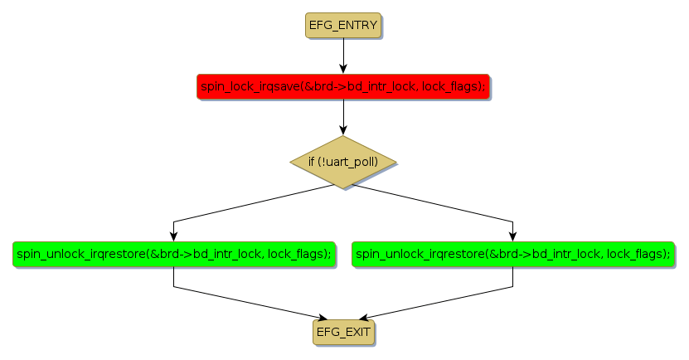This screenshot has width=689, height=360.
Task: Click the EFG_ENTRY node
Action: [x=343, y=26]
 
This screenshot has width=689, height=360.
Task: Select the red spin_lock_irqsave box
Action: [x=343, y=86]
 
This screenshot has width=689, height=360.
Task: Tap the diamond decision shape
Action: [x=343, y=161]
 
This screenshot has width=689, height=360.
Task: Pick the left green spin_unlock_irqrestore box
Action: [x=173, y=254]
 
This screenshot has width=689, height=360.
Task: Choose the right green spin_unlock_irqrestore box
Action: [x=512, y=254]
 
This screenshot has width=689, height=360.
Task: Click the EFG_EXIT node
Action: [x=343, y=332]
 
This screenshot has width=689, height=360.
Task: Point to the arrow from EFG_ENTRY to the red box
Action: [x=343, y=56]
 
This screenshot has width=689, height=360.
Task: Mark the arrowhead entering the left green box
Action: [x=173, y=236]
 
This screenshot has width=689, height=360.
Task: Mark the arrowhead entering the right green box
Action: [x=512, y=236]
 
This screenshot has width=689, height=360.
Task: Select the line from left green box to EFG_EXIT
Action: [x=249, y=304]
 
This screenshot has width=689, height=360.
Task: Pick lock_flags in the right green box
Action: [x=638, y=254]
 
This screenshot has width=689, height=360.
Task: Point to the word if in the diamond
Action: [x=312, y=161]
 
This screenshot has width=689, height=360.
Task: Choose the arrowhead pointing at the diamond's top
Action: [x=343, y=130]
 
